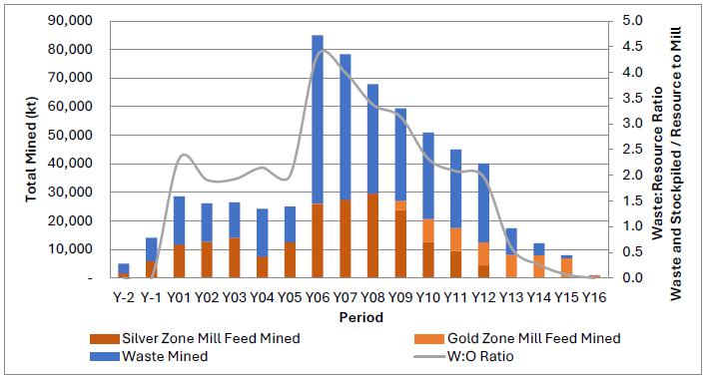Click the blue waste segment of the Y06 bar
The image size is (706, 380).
pos(318,120)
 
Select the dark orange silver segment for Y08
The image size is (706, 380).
pos(372,235)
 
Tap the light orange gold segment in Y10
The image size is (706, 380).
pos(428,230)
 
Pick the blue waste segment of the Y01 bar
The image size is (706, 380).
pos(179,220)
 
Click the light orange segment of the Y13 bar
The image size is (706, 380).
pos(511,266)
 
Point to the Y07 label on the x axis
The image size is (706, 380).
pos(345,297)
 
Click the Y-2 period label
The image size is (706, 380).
pos(124,297)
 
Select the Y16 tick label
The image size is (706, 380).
pos(594,297)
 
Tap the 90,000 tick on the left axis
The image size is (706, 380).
pos(70,21)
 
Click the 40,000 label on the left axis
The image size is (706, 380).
pos(70,164)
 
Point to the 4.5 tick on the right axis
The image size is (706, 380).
pos(633,46)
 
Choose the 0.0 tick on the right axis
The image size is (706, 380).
pos(633,277)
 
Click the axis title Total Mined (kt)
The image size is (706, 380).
pos(31,150)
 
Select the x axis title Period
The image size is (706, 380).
pos(361,317)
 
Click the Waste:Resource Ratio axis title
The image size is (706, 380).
pos(658,164)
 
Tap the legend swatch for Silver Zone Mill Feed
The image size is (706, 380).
pos(105,339)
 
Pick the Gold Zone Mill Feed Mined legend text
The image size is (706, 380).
pos(533,338)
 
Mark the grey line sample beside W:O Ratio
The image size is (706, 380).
pos(430,357)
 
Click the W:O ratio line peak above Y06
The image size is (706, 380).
pos(319,50)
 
